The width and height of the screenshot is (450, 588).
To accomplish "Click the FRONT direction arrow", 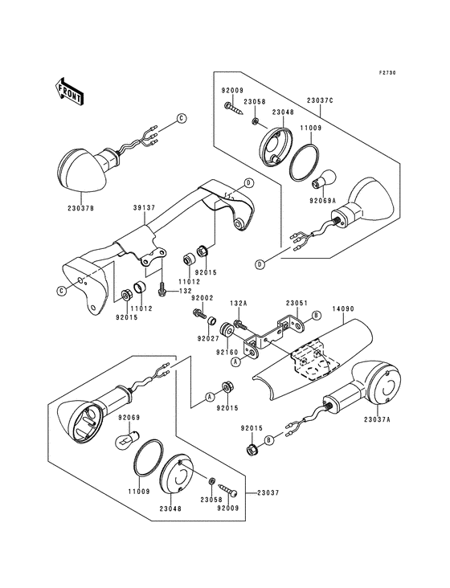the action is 70,91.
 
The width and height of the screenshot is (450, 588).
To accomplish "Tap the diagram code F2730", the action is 387,73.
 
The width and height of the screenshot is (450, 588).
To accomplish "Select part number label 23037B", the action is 81,208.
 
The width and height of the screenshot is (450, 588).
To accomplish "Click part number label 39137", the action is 145,207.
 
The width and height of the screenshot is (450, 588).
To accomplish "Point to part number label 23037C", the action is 320,100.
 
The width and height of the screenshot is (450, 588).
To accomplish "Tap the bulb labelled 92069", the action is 126,439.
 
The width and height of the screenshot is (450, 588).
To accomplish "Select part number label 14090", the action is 343,309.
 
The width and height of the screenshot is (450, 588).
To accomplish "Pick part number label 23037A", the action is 377,419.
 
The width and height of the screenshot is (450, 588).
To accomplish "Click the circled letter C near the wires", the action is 181,119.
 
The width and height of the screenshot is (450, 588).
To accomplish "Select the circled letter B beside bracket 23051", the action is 317,315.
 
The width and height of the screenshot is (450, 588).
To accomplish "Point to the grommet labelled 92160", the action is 227,329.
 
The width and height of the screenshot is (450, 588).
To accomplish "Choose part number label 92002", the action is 202,298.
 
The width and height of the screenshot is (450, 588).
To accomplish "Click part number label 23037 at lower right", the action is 269,492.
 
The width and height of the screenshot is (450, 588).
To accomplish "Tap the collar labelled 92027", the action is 213,321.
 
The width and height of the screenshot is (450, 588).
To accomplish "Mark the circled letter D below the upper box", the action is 260,264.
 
